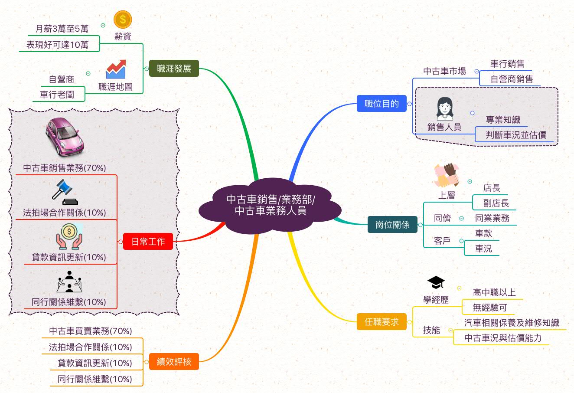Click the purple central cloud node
click(x=271, y=205)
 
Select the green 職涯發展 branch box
click(x=174, y=68)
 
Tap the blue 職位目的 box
click(x=382, y=104)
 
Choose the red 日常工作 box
click(x=148, y=241)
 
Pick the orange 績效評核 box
click(x=174, y=361)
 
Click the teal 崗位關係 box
click(x=392, y=225)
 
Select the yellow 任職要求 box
click(x=382, y=322)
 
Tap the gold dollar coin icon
click(x=123, y=20)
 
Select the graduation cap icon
click(x=436, y=283)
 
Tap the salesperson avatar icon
click(x=444, y=109)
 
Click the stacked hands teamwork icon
click(x=447, y=175)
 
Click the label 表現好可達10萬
click(x=57, y=45)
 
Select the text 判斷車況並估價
click(x=516, y=135)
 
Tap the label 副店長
click(x=496, y=203)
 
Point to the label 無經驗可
click(x=490, y=308)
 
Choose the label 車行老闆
click(x=57, y=95)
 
